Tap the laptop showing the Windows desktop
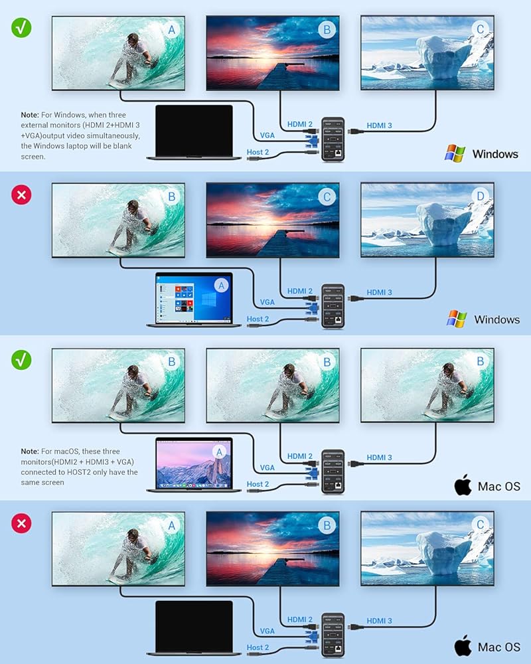click(194, 299)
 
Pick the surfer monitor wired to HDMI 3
click(427, 386)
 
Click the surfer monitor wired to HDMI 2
click(273, 386)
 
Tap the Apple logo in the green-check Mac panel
click(463, 485)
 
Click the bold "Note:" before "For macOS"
click(32, 452)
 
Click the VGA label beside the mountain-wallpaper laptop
click(267, 467)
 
